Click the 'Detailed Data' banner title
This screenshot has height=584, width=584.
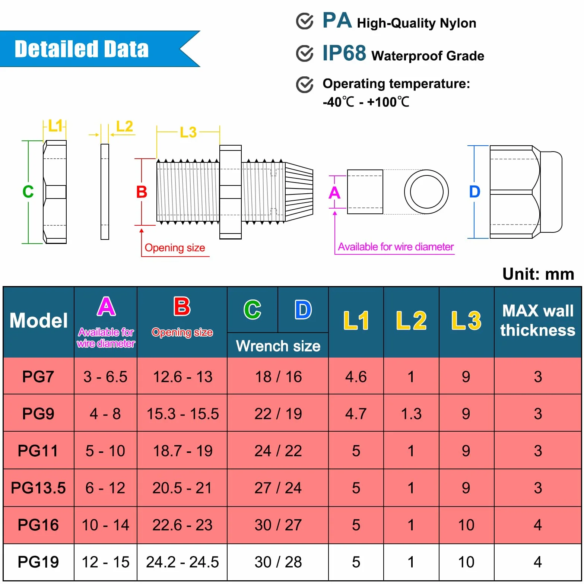coord(82,49)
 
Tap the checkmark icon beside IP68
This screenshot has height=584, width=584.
coord(305,53)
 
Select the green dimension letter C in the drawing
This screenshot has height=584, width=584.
coord(28,192)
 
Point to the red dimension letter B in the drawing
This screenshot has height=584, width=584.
coord(142,192)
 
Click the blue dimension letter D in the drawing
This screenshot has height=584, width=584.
coord(475,192)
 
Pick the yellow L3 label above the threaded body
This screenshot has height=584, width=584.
coord(188,132)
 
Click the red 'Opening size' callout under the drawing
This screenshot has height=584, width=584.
coord(175,248)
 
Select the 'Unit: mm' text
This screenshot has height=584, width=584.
coord(538,274)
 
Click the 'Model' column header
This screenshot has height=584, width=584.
coord(39,321)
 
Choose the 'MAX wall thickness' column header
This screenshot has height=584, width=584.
coord(538,320)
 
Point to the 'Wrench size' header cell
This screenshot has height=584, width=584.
coord(278,346)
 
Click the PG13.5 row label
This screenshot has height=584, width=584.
coord(38,488)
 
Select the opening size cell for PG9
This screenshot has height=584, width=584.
coord(182,414)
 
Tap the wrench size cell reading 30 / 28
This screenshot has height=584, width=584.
coord(278,562)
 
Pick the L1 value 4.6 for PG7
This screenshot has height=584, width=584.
coord(356,377)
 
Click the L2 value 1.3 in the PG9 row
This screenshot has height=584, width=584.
coord(411,414)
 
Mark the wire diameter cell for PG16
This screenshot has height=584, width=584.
coord(105,525)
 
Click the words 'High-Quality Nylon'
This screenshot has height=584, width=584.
coord(416,23)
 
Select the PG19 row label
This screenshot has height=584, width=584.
coord(38,562)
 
